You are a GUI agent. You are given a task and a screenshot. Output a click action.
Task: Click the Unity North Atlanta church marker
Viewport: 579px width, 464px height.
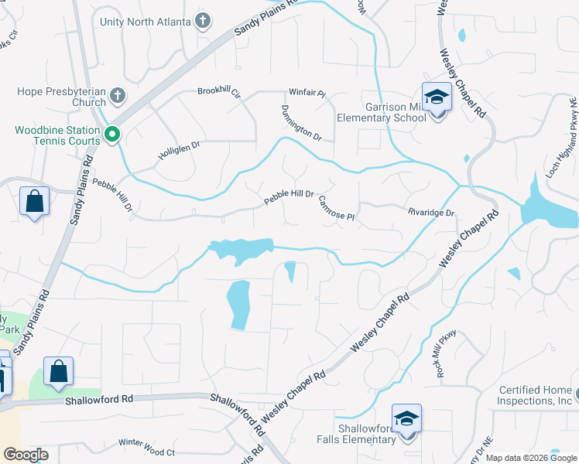203,21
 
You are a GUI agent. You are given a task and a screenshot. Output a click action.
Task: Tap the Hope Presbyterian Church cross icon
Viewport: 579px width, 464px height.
118,97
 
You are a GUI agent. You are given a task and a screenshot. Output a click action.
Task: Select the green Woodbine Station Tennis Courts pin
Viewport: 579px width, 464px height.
112,135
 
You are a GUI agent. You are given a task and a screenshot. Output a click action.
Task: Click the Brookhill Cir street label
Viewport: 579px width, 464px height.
219,91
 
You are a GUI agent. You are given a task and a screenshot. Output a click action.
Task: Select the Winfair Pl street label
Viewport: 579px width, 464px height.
307,93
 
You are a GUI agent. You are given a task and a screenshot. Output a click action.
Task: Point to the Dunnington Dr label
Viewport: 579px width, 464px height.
301,123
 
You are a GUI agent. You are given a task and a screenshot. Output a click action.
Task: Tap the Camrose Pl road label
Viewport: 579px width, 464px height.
335,206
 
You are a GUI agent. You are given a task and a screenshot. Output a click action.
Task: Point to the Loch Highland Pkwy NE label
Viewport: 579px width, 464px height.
562,138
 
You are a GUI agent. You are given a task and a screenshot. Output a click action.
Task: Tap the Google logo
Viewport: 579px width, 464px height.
26,455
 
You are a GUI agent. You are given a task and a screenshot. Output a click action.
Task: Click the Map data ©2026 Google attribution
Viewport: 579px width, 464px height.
531,458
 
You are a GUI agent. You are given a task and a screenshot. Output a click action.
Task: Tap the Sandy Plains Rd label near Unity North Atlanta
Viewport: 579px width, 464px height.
266,19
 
